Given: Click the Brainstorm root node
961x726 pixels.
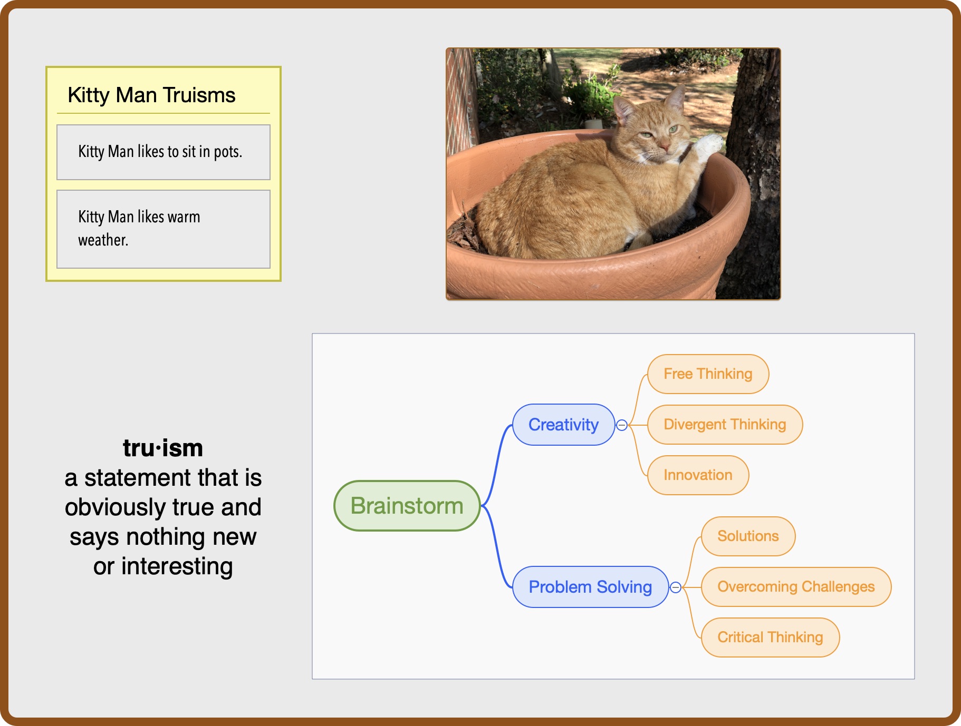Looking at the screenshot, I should [x=407, y=506].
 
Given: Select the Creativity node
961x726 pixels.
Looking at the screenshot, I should [x=563, y=425].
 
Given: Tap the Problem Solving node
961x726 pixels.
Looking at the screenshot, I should [x=590, y=587].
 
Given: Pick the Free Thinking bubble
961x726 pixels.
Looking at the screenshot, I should [x=708, y=374].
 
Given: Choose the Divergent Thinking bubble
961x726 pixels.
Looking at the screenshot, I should [x=725, y=425].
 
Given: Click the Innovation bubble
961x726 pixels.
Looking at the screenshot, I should [x=698, y=475].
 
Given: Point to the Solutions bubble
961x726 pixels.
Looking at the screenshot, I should [x=748, y=536].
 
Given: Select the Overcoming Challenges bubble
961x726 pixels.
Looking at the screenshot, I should [x=795, y=587].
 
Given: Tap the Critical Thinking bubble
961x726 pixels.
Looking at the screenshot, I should [x=770, y=637].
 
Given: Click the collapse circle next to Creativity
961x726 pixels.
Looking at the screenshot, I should [x=622, y=425].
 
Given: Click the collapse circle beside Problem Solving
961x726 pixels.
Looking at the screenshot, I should [x=676, y=587].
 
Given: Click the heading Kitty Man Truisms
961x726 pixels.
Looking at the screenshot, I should [x=152, y=95].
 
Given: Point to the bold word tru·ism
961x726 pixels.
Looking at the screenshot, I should [x=163, y=448].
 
